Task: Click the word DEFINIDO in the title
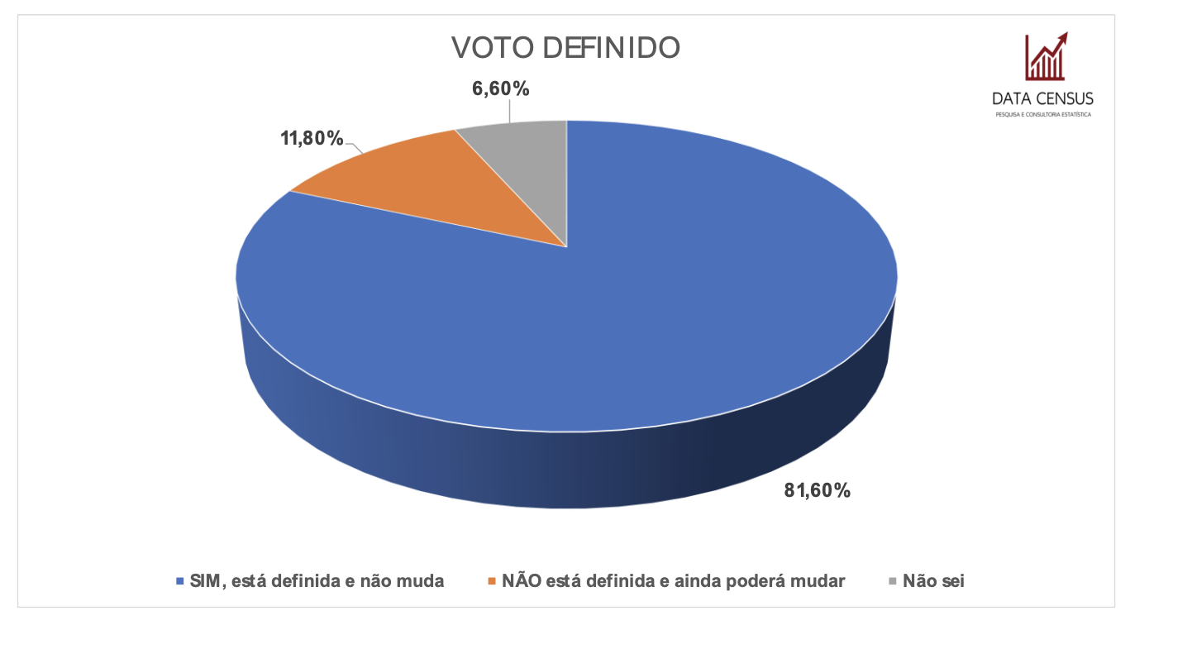[611, 48]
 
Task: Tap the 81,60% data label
[817, 490]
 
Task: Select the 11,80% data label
[312, 138]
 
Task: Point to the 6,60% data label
[501, 88]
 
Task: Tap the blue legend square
[179, 582]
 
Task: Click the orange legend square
[492, 582]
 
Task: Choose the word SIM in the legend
[205, 581]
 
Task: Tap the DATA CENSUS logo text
[1042, 98]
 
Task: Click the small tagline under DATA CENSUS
[1042, 114]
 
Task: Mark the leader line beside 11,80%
[355, 147]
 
